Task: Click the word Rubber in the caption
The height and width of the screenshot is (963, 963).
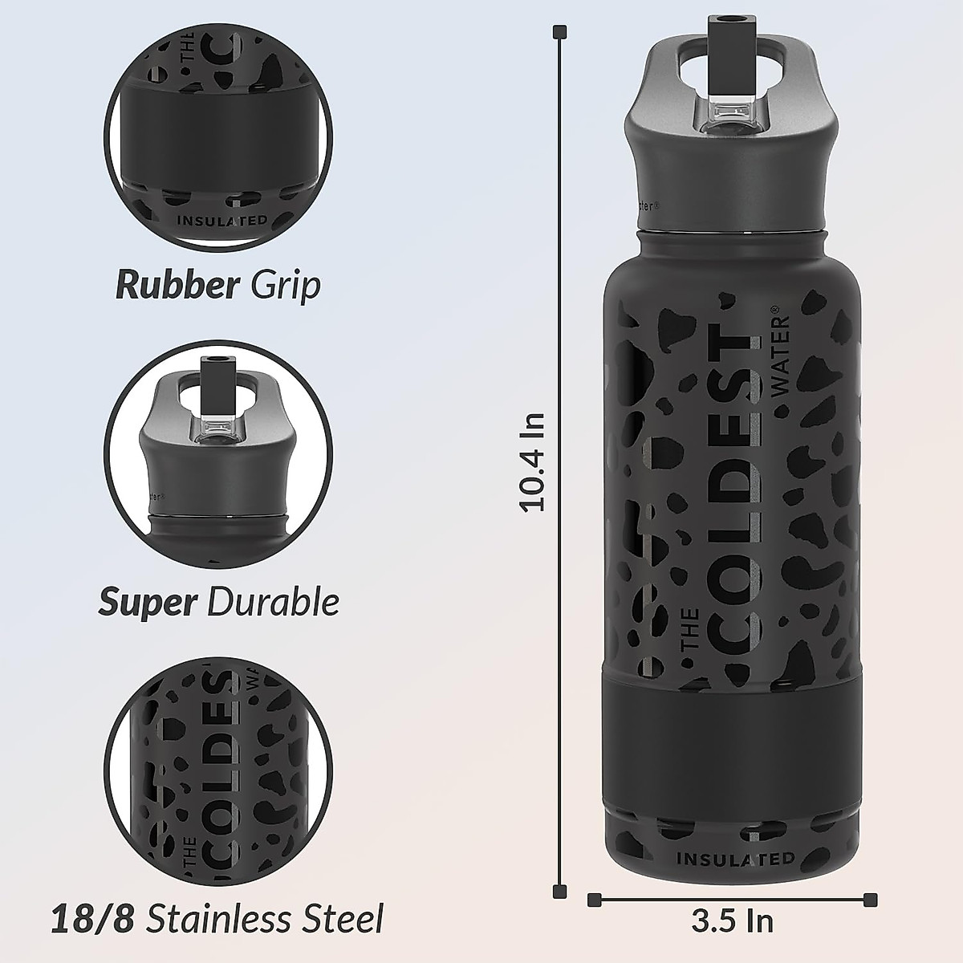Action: (175, 286)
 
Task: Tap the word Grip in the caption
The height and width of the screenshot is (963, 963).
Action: (286, 287)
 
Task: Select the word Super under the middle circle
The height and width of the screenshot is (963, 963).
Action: (147, 602)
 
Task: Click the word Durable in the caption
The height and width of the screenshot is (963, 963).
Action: (273, 602)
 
